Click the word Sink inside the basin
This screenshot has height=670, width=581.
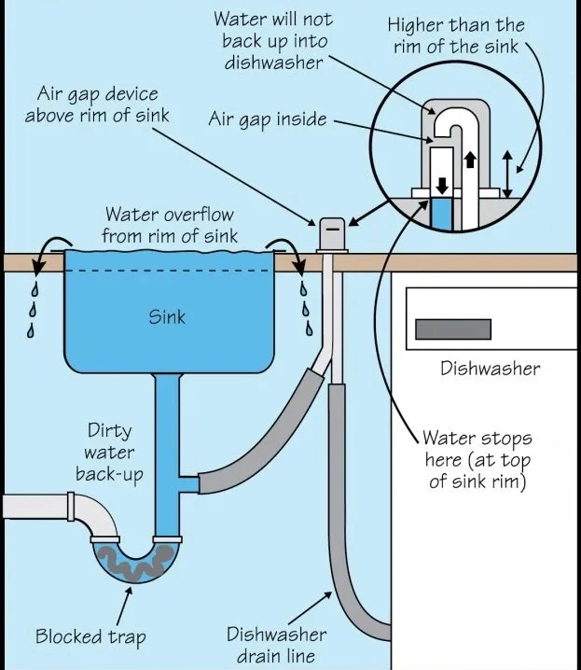(167, 316)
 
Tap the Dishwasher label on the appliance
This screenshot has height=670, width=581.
(490, 368)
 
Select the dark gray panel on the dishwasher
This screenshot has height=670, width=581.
(452, 329)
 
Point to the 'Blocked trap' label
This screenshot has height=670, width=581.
(90, 637)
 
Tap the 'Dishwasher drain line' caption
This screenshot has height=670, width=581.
(277, 645)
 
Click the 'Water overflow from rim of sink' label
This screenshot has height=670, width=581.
(170, 225)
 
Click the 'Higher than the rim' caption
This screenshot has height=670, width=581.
(456, 35)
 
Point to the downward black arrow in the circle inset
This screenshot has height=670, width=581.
(442, 178)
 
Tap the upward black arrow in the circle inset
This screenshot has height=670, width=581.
(469, 160)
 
